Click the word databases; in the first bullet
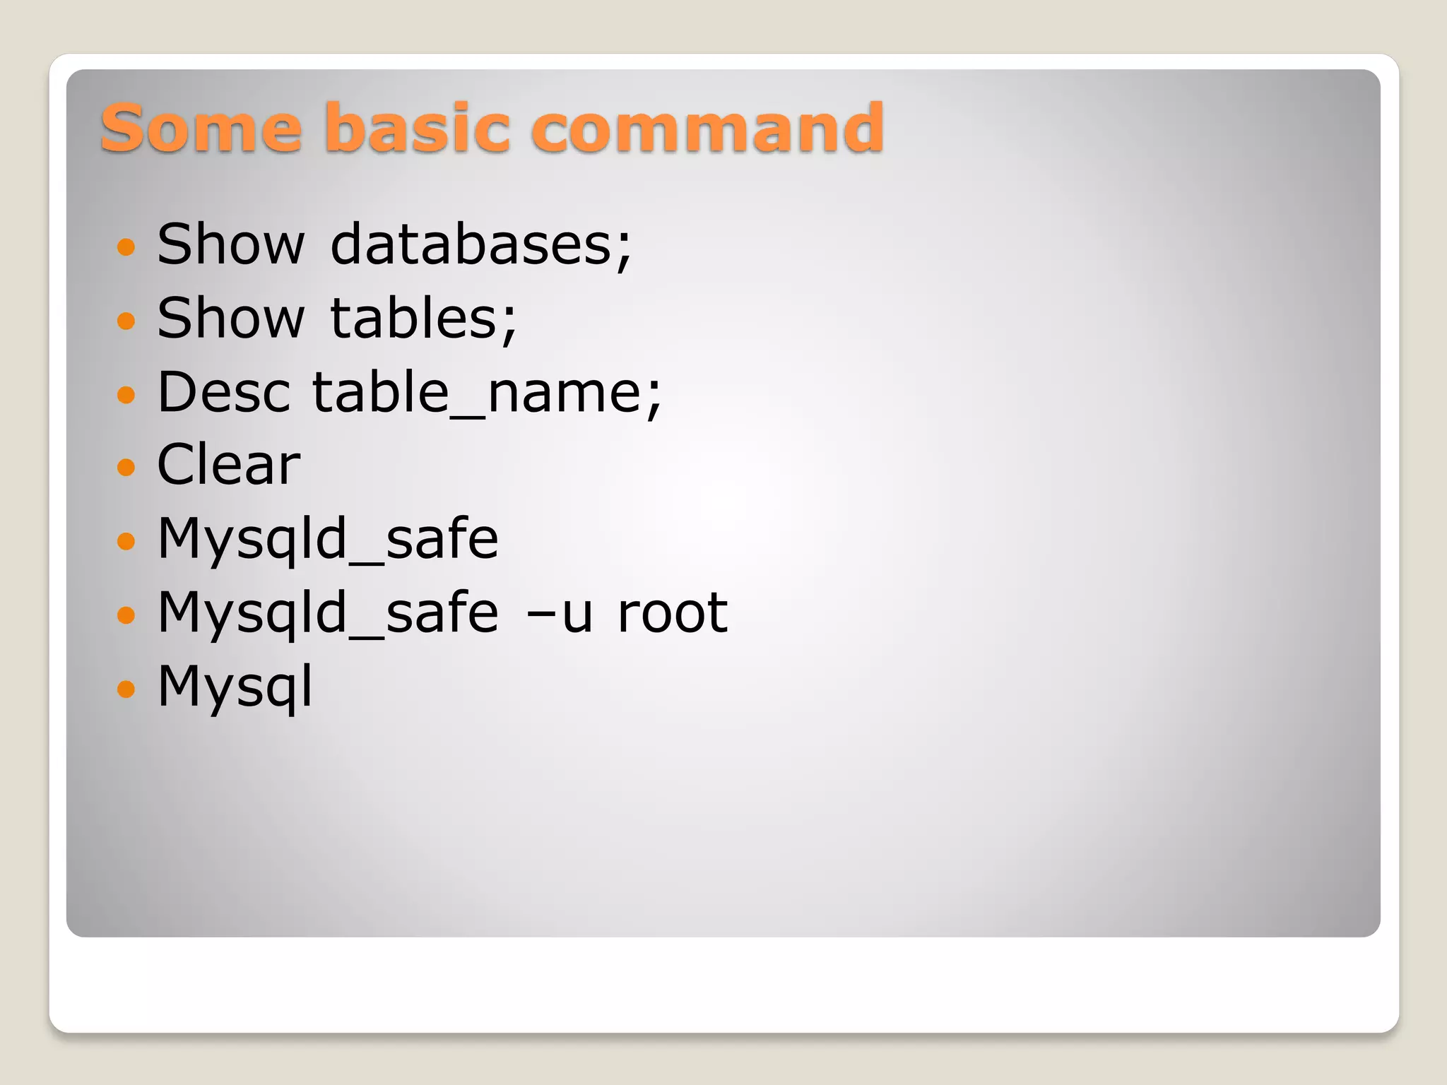[x=480, y=244]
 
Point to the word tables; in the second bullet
[x=423, y=319]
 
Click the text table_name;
[x=487, y=393]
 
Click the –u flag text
[x=559, y=613]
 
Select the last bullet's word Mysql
[x=235, y=687]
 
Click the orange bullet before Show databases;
[x=126, y=247]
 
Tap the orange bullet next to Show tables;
[x=126, y=321]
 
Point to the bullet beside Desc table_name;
[x=126, y=394]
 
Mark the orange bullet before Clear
[x=126, y=467]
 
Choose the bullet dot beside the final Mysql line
[x=126, y=688]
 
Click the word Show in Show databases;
[x=230, y=244]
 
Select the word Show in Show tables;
[x=230, y=319]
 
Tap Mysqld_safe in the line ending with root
[x=328, y=613]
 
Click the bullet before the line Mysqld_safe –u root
[x=126, y=615]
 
